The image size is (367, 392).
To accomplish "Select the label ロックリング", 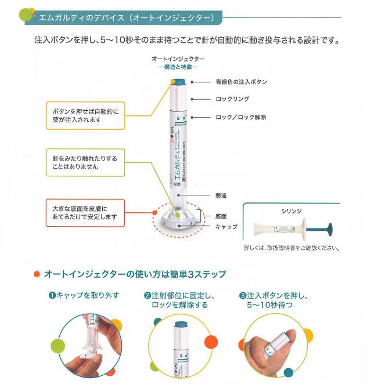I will click(x=232, y=99).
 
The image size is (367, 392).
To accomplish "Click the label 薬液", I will click(x=221, y=197).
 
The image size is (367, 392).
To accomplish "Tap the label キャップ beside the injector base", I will click(x=226, y=227).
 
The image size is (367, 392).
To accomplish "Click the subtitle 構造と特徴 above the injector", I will click(x=178, y=68).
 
